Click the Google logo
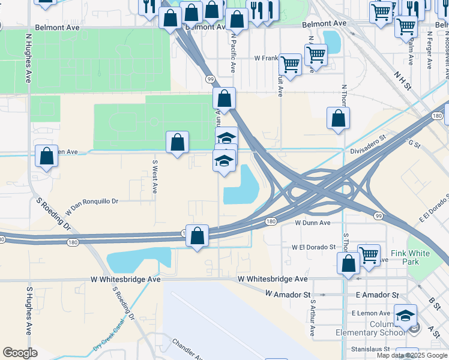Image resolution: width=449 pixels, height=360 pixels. (x=20, y=353)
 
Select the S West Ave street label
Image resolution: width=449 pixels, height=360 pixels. (x=154, y=176)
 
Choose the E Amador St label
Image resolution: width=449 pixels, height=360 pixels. (x=377, y=295)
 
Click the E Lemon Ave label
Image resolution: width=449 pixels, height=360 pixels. (x=372, y=313)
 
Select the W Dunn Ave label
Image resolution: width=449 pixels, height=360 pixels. (x=313, y=223)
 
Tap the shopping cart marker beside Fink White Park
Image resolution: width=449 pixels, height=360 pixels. (x=369, y=254)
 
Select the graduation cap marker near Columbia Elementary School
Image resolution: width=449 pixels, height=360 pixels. (x=406, y=315)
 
